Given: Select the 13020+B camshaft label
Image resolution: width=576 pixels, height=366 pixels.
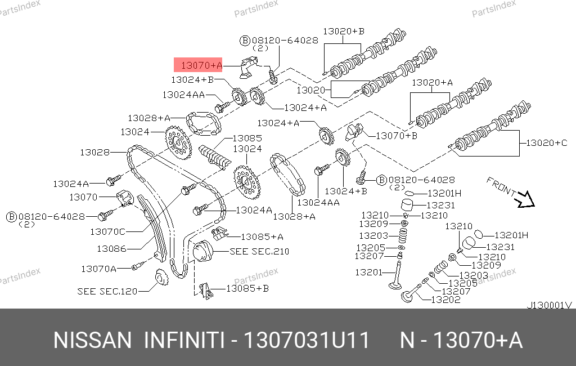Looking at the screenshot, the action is [344, 32].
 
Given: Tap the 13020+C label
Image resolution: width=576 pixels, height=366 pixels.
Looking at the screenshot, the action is [547, 142].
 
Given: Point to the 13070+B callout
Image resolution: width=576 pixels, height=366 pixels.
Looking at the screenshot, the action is [397, 136].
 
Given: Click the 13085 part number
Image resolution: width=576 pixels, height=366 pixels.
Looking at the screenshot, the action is [247, 139].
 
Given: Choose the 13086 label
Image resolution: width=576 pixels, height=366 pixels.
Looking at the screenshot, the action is [112, 249].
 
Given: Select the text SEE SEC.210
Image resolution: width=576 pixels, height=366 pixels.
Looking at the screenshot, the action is [259, 251].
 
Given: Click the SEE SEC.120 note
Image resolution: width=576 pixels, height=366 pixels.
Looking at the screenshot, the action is [107, 291].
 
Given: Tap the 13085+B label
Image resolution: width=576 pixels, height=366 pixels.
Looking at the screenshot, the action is [247, 288].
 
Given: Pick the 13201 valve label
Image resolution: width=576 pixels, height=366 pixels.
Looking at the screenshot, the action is [369, 272].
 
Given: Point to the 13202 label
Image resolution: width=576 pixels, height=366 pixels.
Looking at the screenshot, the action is [445, 300].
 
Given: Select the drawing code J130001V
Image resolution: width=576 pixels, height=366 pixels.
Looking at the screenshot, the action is [550, 305].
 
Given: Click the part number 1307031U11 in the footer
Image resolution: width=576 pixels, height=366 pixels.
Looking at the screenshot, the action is [307, 340].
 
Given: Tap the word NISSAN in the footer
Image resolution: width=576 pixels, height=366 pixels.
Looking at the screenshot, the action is [93, 340].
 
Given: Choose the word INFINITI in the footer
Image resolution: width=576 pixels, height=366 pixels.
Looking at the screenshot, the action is [184, 340].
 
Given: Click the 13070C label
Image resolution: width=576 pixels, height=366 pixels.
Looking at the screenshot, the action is [107, 232].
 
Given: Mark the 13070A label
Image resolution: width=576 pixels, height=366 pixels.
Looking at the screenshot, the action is [98, 269].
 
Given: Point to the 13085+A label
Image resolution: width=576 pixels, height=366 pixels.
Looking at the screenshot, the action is [262, 237].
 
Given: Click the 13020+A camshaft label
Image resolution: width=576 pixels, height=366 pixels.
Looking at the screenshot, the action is [433, 82].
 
